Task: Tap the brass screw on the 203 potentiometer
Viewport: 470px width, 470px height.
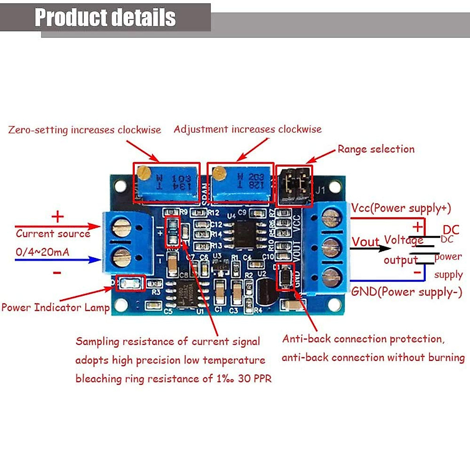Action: [x=219, y=172]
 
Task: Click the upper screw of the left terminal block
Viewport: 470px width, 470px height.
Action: [x=121, y=227]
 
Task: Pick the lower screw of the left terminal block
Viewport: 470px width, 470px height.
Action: [x=121, y=257]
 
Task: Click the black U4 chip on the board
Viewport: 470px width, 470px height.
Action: [x=245, y=233]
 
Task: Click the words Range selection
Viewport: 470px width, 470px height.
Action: [x=376, y=149]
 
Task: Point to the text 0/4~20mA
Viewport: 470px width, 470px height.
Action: [x=42, y=252]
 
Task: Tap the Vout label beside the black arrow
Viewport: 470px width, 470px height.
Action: [x=365, y=242]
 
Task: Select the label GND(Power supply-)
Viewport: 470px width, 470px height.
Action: [x=407, y=292]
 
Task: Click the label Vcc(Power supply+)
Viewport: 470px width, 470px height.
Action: [x=401, y=208]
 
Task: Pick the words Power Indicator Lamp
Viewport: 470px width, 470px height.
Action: [x=55, y=307]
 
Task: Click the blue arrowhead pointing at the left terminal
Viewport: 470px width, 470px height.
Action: [x=95, y=259]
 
